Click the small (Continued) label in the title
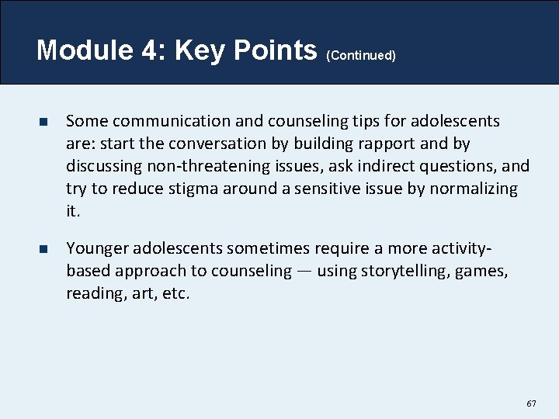tap(361, 56)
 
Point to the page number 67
tap(531, 403)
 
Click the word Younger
tap(97, 248)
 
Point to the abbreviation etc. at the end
tap(175, 293)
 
